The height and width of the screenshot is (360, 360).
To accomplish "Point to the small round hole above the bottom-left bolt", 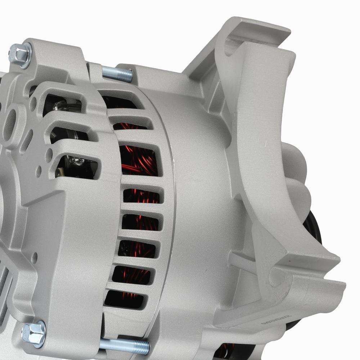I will click(x=35, y=258).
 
